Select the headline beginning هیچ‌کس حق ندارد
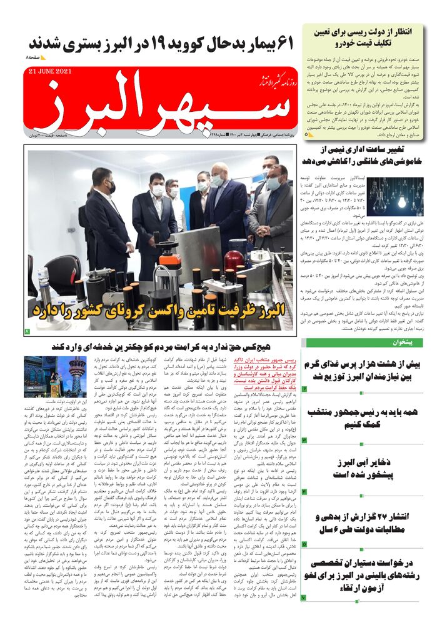point(163,346)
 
